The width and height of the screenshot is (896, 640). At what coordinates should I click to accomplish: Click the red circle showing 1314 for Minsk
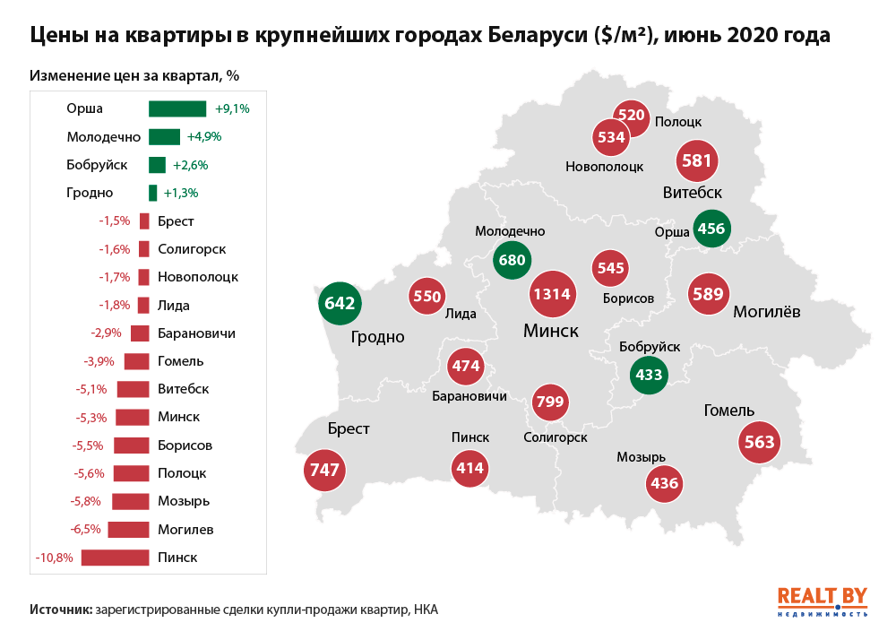(x=552, y=295)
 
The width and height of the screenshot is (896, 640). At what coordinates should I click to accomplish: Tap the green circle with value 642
(x=340, y=303)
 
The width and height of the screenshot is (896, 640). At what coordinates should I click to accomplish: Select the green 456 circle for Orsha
(x=711, y=229)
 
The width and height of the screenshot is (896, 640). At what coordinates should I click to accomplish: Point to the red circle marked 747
(x=324, y=470)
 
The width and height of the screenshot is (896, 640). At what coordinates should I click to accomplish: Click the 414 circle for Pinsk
(x=469, y=468)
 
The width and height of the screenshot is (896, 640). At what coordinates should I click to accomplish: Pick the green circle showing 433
(x=648, y=375)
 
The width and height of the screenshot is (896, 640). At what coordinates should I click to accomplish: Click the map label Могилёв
(x=766, y=312)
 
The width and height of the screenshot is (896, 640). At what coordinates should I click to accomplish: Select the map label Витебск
(x=693, y=193)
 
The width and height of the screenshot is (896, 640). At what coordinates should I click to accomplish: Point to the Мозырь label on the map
(x=641, y=457)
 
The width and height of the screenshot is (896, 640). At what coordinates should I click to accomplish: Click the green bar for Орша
(x=177, y=108)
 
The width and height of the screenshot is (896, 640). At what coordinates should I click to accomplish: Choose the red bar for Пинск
(x=115, y=558)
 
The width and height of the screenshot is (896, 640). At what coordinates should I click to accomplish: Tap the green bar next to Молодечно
(x=164, y=137)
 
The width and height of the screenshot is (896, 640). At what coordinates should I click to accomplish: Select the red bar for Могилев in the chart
(x=128, y=529)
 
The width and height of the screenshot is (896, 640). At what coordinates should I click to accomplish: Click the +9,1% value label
(x=232, y=108)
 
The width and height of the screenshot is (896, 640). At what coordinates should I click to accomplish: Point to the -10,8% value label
(x=54, y=558)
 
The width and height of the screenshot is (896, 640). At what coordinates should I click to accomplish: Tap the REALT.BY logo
(x=822, y=601)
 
